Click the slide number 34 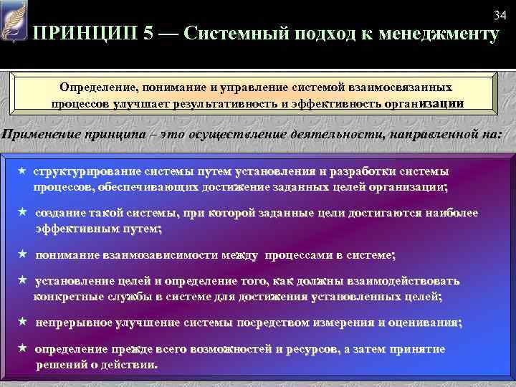pyautogui.click(x=500, y=16)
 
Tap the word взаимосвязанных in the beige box pyautogui.click(x=399, y=87)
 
